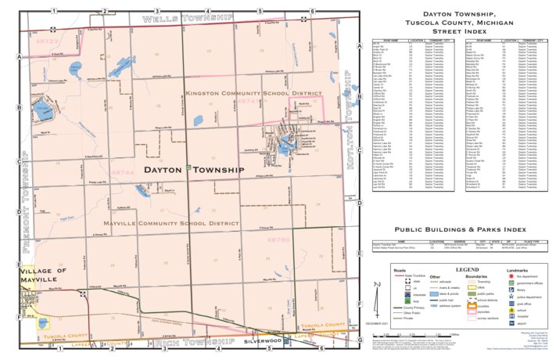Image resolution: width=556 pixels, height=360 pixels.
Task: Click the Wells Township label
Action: tap(188, 17)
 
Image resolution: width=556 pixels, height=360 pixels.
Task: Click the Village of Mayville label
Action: tap(29, 275)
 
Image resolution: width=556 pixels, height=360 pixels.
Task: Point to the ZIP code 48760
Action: tap(279, 239)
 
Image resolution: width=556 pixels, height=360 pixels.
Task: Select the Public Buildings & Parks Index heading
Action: tap(457, 229)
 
